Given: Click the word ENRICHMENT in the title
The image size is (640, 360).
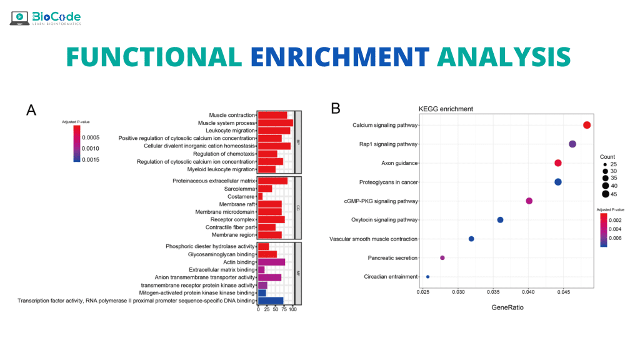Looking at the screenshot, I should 340,56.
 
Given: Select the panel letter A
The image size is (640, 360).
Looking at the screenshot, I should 31,111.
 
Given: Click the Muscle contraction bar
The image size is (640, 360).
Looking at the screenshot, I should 272,115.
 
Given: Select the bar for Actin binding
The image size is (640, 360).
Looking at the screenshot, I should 271,262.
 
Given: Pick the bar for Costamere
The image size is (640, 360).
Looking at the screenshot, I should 260,196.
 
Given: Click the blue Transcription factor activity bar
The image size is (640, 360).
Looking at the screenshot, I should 271,301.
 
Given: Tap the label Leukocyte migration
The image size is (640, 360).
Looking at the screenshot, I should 226,131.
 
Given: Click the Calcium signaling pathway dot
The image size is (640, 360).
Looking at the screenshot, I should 587,125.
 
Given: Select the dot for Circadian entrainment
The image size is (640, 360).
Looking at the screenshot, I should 427,276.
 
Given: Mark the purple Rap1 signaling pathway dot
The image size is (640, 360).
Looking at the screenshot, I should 572,144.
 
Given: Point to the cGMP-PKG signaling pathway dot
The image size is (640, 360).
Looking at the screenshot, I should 529,201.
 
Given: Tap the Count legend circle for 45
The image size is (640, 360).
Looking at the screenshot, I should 605,194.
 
